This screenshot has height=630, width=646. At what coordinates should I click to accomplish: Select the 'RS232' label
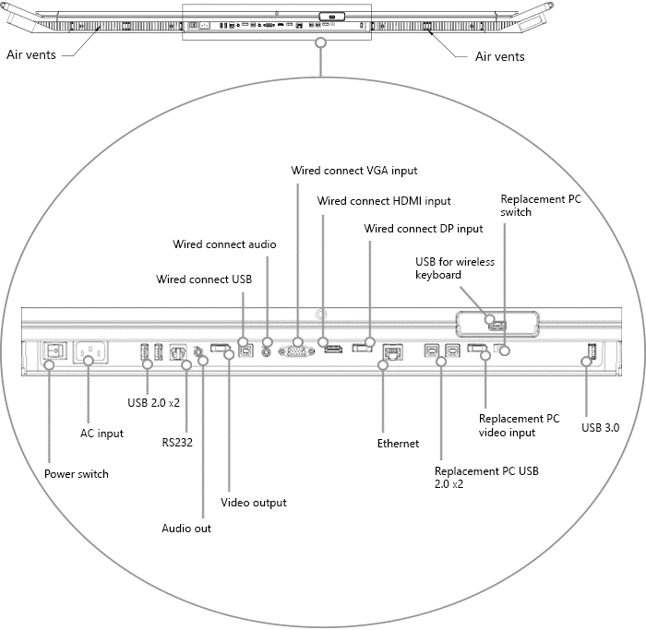pos(177,442)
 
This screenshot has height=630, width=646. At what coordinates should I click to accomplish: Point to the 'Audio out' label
pos(186,529)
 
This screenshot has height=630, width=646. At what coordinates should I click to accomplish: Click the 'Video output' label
pos(253,503)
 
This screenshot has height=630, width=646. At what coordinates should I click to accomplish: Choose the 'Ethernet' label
pos(398,444)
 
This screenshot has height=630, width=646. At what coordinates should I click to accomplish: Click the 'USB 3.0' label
pos(600,428)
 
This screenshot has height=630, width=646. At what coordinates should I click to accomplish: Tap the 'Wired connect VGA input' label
pos(354,171)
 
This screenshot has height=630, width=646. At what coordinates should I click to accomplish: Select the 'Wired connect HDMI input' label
pos(384,201)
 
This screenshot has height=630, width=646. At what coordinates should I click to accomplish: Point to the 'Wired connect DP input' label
pos(424,229)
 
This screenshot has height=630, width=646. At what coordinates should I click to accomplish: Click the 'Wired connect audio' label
pos(224,244)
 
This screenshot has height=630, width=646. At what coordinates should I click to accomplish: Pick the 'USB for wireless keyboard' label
pos(454,268)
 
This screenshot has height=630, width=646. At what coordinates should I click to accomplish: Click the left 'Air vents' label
pos(31,55)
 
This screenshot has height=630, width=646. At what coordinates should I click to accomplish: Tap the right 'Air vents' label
pos(499,56)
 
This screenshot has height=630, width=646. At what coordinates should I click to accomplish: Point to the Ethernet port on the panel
pos(391,351)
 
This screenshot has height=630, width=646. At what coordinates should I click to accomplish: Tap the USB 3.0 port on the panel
pos(591,351)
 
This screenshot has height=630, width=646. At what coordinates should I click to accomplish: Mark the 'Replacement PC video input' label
pos(519,425)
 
